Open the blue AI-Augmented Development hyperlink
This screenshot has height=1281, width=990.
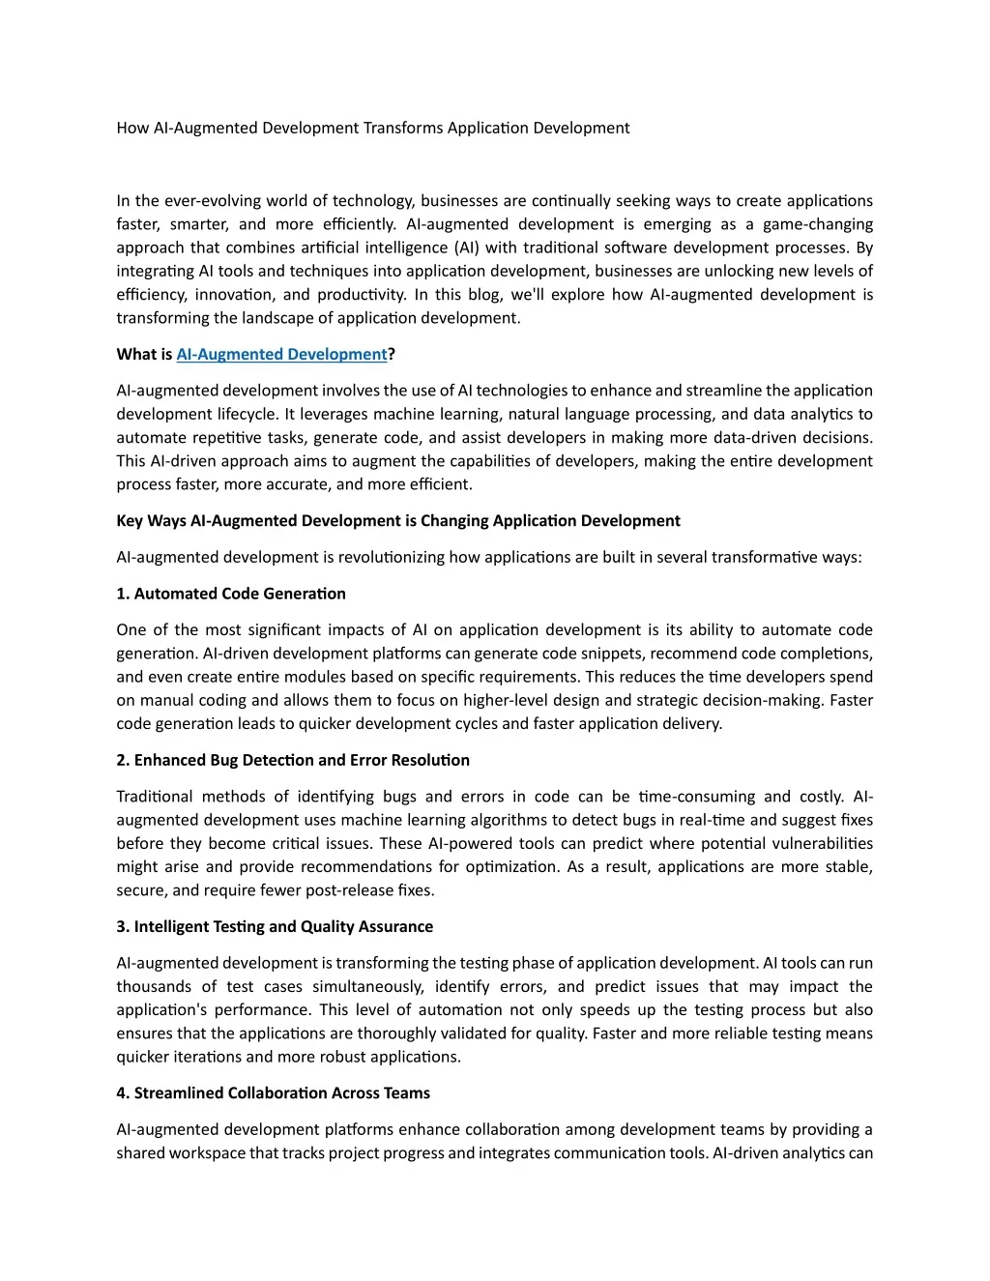click(281, 354)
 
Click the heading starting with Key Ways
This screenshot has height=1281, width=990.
click(397, 520)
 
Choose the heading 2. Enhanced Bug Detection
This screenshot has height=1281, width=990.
click(292, 760)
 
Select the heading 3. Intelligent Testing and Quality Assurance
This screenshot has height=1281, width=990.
click(274, 926)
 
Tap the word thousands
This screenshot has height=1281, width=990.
click(154, 986)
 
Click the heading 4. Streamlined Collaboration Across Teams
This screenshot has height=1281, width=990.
click(273, 1092)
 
